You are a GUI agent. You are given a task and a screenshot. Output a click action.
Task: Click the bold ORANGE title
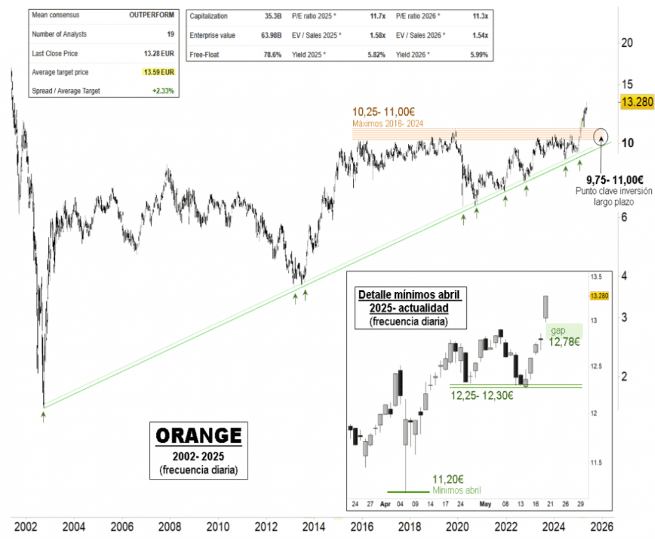199,436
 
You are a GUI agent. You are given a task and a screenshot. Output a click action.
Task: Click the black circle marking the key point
601,136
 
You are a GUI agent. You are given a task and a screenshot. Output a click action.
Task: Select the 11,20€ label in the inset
448,479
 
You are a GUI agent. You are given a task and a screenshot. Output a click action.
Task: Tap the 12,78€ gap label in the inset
564,342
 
